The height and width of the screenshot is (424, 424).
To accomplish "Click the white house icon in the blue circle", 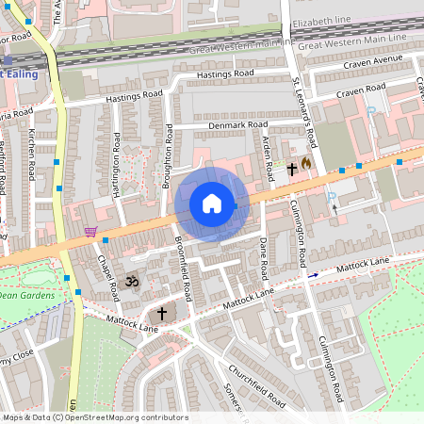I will (212, 203).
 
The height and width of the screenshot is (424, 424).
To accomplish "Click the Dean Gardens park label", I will (27, 295).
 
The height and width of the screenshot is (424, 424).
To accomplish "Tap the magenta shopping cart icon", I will (90, 232).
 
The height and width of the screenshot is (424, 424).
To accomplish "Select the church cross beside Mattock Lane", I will (161, 312).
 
